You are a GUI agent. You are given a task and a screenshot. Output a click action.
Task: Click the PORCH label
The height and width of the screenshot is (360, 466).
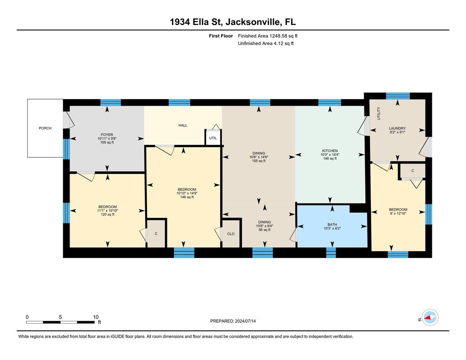coord(45,128)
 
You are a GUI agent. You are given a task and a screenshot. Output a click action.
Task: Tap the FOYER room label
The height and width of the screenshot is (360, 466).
coord(107,135)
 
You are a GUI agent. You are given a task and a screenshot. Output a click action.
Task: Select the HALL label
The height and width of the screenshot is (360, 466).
coord(183,126)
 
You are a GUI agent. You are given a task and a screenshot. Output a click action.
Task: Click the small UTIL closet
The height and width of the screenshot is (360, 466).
coord(213,138)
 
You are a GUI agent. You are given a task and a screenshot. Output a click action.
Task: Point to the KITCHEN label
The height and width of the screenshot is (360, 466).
coord(330,151)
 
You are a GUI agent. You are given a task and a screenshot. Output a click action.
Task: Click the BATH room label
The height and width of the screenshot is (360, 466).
coord(332,225)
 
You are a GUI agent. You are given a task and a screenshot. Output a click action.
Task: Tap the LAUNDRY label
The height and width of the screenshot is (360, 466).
coord(397,128)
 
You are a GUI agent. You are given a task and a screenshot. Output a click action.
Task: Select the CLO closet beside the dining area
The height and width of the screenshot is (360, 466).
coord(231,233)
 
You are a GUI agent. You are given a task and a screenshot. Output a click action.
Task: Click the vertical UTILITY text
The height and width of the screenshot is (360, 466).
coord(379,113)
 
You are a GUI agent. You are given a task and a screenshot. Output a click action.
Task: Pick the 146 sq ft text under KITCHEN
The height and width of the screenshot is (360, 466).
coord(330,158)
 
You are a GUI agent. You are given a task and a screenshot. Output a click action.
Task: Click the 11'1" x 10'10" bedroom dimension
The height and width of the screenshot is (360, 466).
coord(107,210)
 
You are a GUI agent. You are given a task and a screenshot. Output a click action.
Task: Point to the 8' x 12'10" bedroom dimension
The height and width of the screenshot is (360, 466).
coord(398,213)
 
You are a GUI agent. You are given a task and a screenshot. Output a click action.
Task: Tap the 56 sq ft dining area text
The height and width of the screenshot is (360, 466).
coord(264,230)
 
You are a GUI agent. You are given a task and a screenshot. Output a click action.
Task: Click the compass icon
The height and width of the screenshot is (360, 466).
coord(430,318)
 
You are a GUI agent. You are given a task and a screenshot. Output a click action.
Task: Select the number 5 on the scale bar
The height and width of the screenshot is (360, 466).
coord(61,317)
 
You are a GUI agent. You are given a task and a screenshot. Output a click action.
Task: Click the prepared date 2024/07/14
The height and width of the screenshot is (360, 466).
coord(245,321)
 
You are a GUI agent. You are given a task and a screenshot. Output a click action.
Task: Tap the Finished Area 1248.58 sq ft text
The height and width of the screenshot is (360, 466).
coord(268,36)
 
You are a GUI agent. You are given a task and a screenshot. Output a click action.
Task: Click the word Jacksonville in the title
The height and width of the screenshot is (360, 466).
coord(253,22)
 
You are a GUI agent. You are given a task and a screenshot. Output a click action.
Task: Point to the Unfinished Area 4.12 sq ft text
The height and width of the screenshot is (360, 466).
coord(266,43)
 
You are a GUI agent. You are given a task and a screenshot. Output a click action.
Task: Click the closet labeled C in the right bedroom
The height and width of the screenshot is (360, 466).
coord(413,171)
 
